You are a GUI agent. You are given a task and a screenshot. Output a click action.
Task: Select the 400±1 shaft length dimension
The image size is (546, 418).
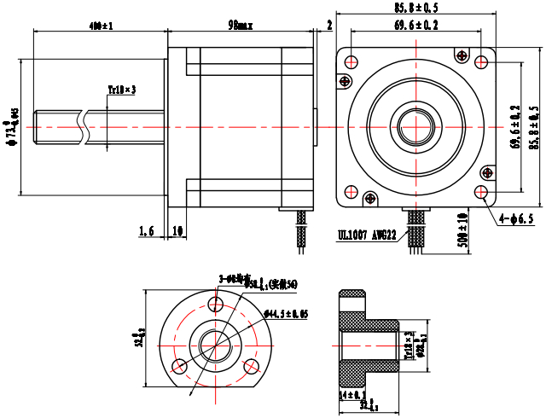[101, 26]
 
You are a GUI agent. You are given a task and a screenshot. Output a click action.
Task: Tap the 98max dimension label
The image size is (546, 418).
[241, 26]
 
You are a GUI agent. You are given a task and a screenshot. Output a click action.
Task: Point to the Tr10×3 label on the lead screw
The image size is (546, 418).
[122, 89]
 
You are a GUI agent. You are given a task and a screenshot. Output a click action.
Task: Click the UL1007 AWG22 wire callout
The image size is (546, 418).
[366, 233]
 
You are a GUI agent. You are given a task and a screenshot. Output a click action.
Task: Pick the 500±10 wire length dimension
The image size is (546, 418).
[462, 229]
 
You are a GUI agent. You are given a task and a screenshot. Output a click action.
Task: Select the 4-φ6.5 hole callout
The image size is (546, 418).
[517, 219]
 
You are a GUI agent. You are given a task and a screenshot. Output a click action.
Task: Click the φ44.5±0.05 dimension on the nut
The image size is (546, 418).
[287, 314]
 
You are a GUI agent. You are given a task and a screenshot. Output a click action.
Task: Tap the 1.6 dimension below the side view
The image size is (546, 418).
[146, 230]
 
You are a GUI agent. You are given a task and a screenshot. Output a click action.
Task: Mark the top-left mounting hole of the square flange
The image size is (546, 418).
[351, 61]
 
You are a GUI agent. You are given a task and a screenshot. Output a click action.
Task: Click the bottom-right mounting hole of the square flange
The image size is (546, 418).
[483, 193]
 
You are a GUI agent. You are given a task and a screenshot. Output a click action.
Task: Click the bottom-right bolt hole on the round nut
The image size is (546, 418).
[252, 366]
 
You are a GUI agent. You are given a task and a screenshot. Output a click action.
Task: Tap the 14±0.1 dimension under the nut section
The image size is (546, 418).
[351, 395]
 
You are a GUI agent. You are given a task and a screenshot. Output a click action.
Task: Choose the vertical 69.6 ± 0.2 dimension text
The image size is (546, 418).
[514, 127]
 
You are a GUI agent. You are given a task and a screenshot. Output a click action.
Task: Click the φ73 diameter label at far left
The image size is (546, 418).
[12, 128]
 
